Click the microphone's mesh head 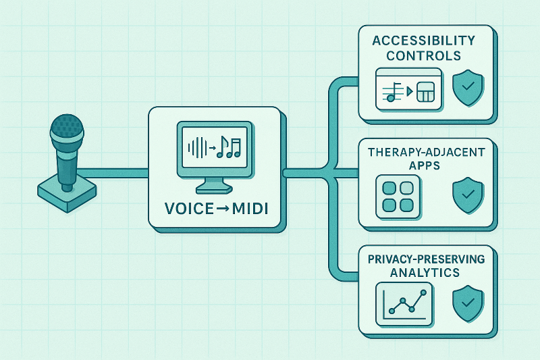(x=67, y=126)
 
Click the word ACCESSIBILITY (x=423, y=41)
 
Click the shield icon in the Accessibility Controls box (x=466, y=88)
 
